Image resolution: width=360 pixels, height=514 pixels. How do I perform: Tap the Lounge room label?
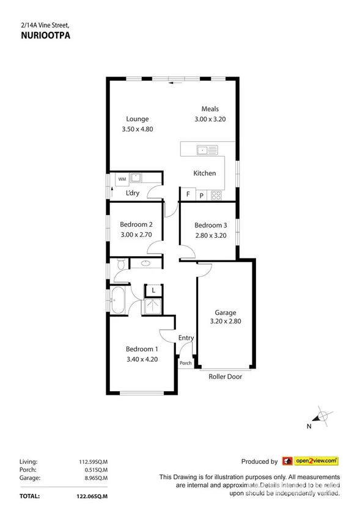[x=138, y=119]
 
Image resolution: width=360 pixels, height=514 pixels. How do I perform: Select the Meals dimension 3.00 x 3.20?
[x=210, y=119]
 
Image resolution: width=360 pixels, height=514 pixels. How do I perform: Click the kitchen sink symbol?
[x=204, y=149]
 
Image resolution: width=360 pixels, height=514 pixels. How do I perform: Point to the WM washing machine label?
[x=122, y=178]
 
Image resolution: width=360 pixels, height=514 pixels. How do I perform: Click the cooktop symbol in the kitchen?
[x=216, y=196]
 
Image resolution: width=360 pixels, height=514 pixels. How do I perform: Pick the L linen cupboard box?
[x=153, y=290]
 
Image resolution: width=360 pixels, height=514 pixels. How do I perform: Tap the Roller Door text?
[x=225, y=376]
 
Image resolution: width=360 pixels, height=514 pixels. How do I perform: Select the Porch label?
[x=185, y=363]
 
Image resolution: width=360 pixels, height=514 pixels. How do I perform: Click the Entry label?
[x=186, y=338]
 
